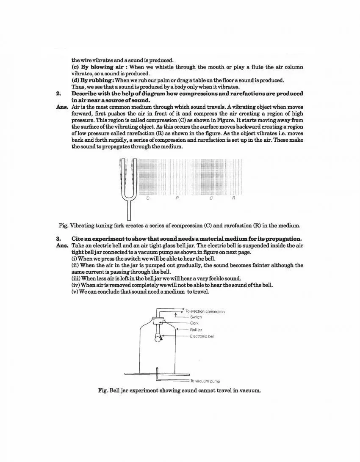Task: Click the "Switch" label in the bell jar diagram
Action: point(196,317)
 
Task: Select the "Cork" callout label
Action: point(194,323)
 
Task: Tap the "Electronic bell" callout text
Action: point(202,336)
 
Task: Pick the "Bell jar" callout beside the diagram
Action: point(196,330)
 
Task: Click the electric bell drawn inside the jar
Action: point(158,337)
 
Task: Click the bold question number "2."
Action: point(58,93)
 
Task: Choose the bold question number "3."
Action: point(58,239)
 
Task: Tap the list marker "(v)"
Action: point(75,291)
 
